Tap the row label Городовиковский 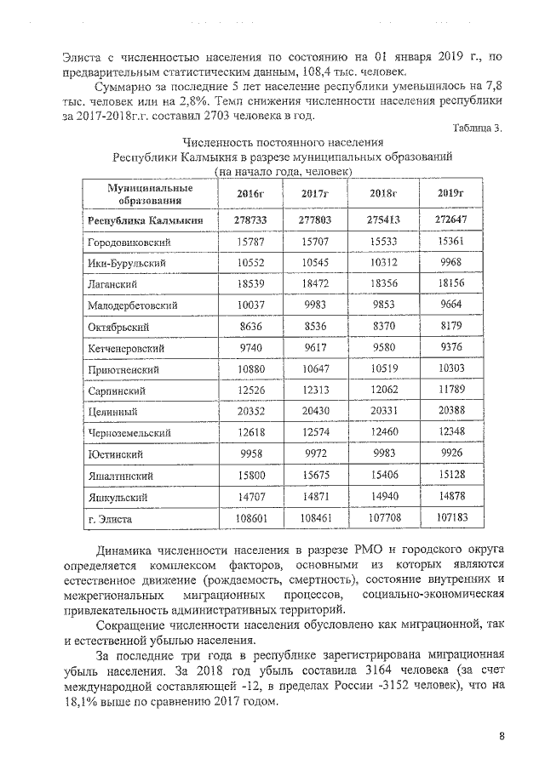pos(127,242)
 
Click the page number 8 pos(502,737)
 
